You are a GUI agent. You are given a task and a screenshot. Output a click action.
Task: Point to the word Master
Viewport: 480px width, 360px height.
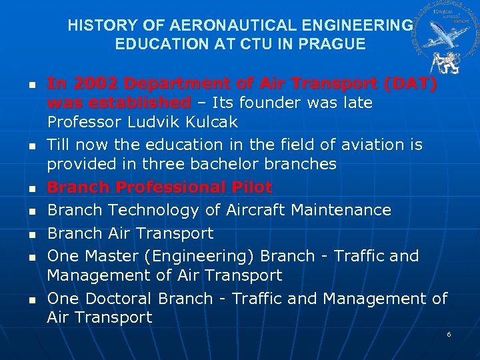coord(113,256)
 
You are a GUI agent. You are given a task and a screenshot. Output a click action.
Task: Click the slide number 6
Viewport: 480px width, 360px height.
coord(449,333)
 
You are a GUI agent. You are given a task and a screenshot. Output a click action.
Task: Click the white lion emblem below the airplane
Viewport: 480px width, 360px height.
coord(441,61)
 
